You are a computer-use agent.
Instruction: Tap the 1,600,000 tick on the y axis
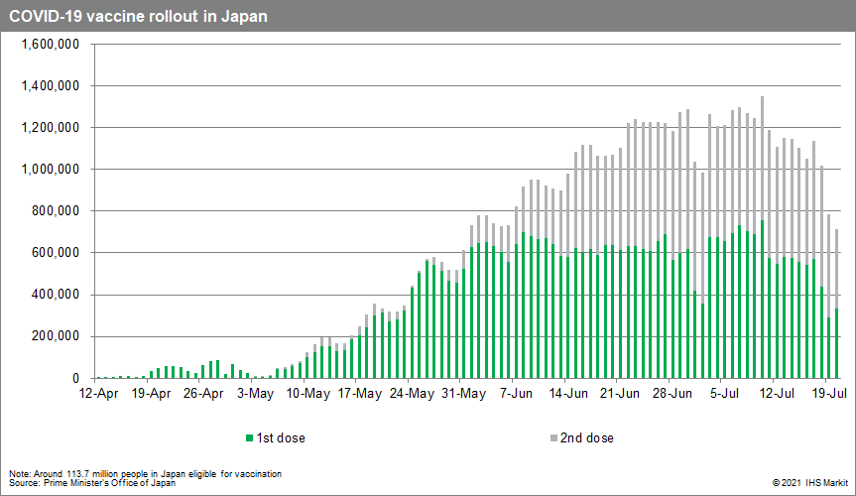pyautogui.click(x=51, y=45)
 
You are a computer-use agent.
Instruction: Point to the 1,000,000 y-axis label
pyautogui.click(x=51, y=170)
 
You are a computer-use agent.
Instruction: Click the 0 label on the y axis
pyautogui.click(x=75, y=379)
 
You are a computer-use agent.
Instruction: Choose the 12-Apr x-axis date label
pyautogui.click(x=100, y=393)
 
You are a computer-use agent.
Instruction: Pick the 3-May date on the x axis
pyautogui.click(x=256, y=393)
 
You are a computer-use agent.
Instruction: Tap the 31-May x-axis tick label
pyautogui.click(x=463, y=393)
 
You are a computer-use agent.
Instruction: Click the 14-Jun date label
pyautogui.click(x=566, y=393)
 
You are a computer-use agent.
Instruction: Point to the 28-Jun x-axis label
pyautogui.click(x=671, y=393)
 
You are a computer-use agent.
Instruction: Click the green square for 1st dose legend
pyautogui.click(x=248, y=437)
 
